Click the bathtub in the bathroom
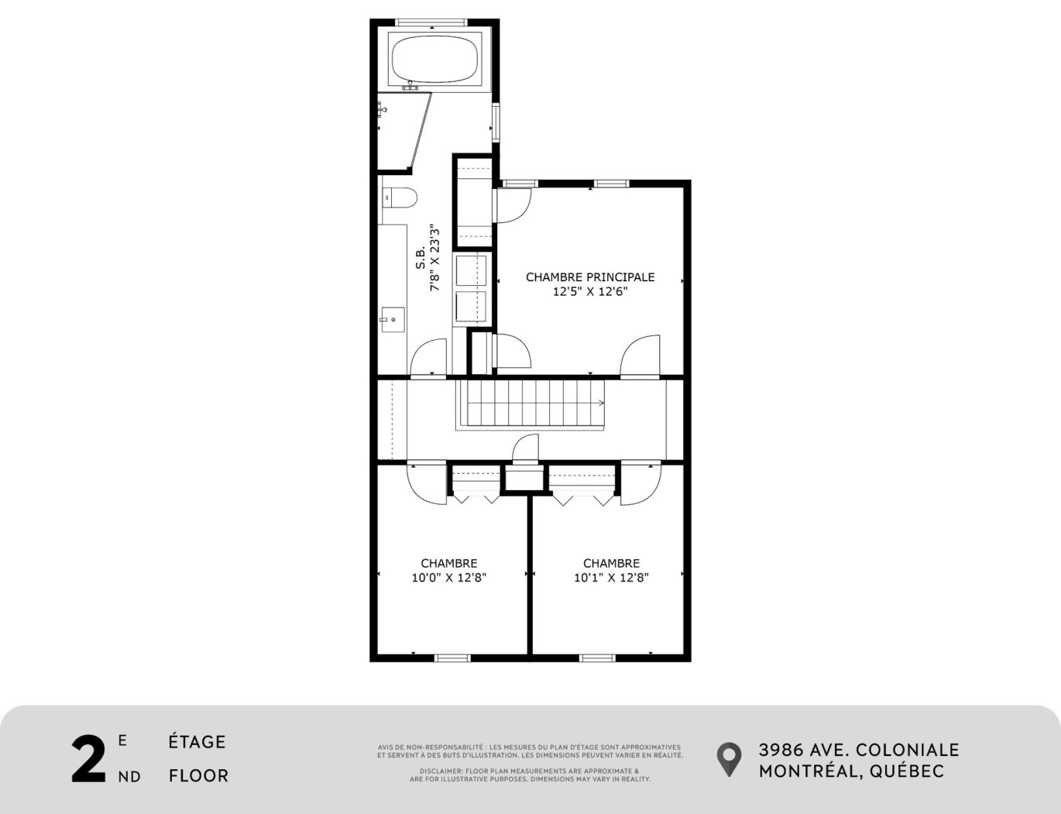(433, 59)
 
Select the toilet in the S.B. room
(400, 198)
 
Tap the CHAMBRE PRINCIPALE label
(590, 276)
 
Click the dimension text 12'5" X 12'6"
(590, 292)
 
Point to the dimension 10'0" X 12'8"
(448, 578)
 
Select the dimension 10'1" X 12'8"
(611, 578)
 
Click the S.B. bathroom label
(421, 259)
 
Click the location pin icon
(728, 760)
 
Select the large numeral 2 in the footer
(88, 760)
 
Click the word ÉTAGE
(197, 742)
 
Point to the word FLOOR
(198, 776)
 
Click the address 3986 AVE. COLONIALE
(858, 750)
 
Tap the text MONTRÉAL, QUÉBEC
(851, 771)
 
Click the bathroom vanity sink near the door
(393, 318)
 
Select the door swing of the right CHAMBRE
(640, 485)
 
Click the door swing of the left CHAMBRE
(427, 485)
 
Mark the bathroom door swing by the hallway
(429, 358)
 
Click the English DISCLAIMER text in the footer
(530, 775)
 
